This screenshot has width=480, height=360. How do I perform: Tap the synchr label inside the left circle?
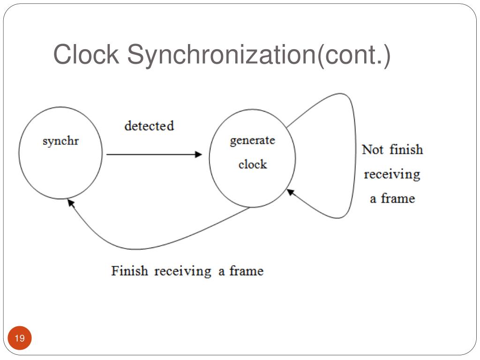(x=60, y=141)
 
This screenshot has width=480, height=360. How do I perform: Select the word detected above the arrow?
(x=149, y=126)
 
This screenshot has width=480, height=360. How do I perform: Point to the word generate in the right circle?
(x=252, y=141)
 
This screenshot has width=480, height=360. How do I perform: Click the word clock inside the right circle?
(x=252, y=165)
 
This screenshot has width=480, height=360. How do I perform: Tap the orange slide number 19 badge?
(x=20, y=338)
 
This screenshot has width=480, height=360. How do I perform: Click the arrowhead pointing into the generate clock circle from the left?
(x=199, y=154)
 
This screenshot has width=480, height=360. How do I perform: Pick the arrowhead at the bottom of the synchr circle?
(x=70, y=202)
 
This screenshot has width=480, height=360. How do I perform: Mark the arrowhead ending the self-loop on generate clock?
(x=290, y=191)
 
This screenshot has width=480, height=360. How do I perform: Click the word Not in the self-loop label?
(x=373, y=150)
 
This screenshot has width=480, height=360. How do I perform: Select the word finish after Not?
(x=406, y=150)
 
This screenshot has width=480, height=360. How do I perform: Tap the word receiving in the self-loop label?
(x=392, y=174)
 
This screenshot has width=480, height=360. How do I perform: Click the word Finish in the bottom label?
(x=129, y=271)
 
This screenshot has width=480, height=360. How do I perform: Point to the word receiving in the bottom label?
(x=183, y=271)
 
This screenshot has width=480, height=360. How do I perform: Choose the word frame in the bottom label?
(x=246, y=271)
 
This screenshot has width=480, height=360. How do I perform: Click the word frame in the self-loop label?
(x=397, y=198)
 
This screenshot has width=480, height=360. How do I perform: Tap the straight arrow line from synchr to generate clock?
(x=150, y=154)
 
